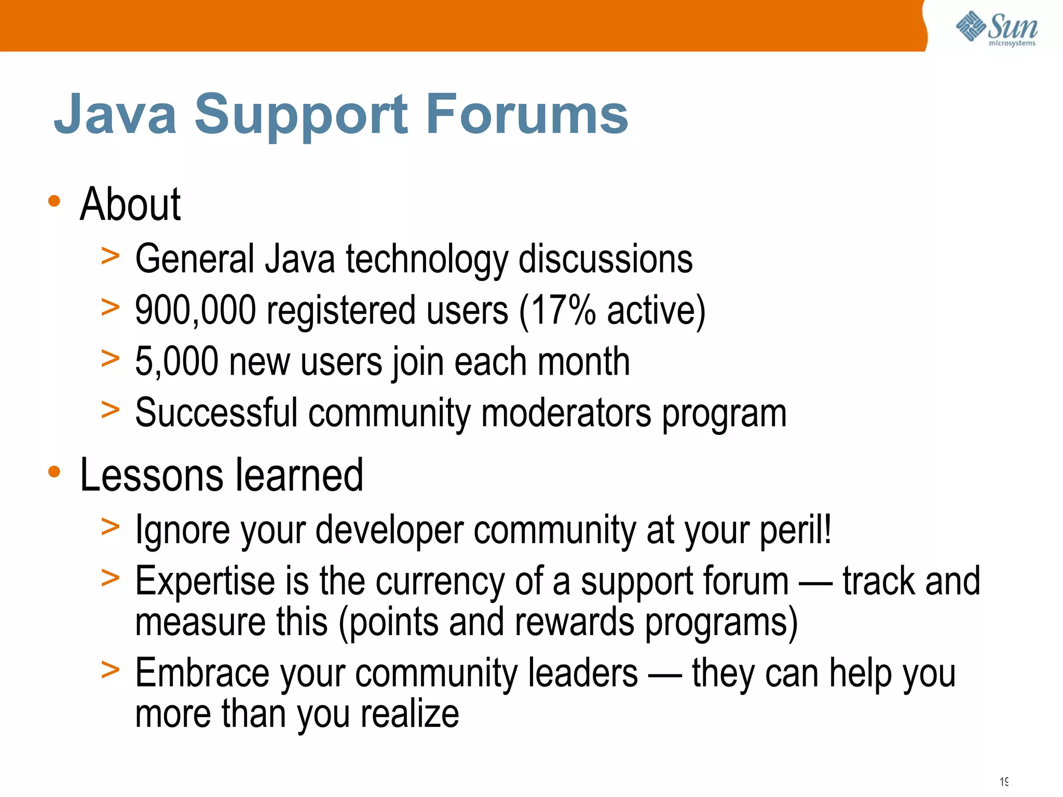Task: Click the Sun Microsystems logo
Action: [x=997, y=28]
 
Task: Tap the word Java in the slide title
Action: [x=115, y=114]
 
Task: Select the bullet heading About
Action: [x=130, y=205]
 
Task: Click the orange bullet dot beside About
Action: [x=54, y=201]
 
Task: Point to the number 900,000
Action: [x=195, y=310]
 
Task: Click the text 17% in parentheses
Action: [x=563, y=310]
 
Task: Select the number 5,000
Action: [x=176, y=362]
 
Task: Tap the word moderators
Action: [x=566, y=413]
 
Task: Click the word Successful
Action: [x=216, y=413]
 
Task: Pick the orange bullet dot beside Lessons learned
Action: [x=54, y=472]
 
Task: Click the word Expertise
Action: [x=205, y=581]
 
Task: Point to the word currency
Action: [x=439, y=581]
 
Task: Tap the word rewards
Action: [x=574, y=622]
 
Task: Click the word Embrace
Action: [x=202, y=673]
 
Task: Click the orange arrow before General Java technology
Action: [x=110, y=256]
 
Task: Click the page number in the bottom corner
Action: [x=1004, y=781]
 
